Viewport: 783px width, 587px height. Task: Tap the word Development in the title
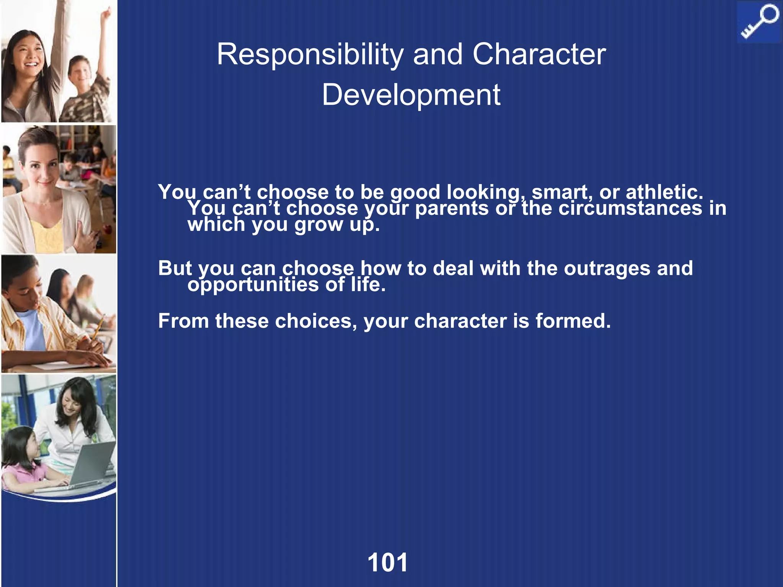click(x=411, y=95)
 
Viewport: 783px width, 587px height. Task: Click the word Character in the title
click(x=539, y=55)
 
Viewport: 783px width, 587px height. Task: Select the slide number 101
click(x=388, y=563)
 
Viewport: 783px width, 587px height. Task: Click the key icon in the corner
click(x=759, y=22)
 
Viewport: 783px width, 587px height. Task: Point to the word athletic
click(x=664, y=192)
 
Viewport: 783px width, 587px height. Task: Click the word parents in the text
click(x=452, y=208)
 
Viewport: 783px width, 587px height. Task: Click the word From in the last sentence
click(x=184, y=321)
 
